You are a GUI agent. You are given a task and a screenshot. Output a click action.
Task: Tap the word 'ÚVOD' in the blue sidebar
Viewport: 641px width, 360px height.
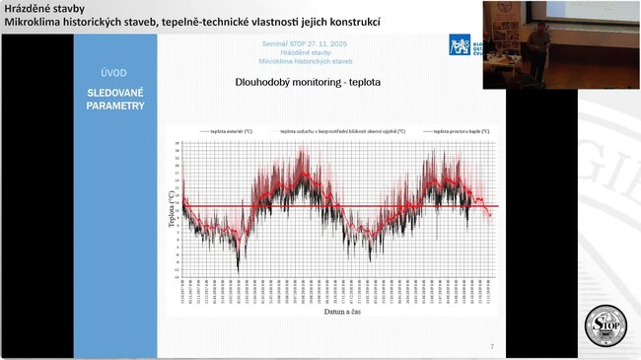coord(114,72)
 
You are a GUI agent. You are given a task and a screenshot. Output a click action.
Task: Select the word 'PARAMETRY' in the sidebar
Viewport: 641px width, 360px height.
coord(114,106)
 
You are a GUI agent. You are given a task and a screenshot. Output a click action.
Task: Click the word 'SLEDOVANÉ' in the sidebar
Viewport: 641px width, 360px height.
coord(114,93)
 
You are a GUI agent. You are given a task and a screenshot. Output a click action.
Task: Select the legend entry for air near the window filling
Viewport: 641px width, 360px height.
coord(338,130)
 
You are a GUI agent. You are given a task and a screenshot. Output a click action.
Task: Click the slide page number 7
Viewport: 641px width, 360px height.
coord(492,346)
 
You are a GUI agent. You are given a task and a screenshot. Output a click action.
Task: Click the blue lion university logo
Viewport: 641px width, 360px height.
coord(460,45)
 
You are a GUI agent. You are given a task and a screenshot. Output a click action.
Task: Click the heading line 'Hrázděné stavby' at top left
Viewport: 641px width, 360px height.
coord(44,8)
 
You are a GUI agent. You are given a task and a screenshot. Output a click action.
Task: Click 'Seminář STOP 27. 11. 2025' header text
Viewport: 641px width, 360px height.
coord(304,44)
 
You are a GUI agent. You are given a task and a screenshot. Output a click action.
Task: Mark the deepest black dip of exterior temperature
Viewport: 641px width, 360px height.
coord(238,268)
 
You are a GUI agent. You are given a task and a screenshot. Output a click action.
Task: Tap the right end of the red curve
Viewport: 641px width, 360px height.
coord(490,215)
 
